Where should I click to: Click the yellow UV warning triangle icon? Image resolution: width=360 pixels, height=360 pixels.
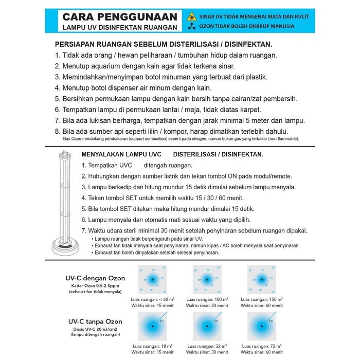coord(191,16)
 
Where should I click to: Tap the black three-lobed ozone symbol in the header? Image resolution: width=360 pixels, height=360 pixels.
coord(191,26)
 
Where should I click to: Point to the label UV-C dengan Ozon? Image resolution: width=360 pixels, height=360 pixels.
coord(98,278)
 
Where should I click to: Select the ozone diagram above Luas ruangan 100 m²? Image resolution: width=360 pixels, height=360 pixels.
coord(207,280)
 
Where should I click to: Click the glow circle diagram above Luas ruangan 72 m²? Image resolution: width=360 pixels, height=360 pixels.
coord(262,327)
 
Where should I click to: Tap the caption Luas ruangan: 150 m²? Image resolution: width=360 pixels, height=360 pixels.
coord(263,300)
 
